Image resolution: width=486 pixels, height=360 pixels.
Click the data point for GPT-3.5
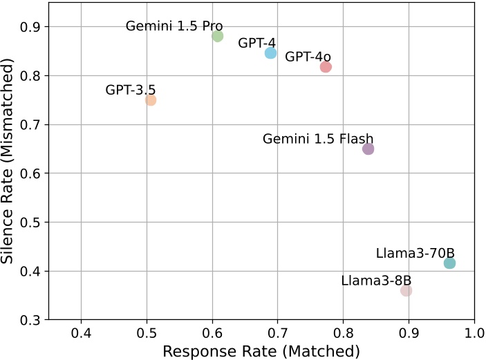coord(151,100)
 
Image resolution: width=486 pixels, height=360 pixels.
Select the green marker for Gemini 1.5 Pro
coord(218,36)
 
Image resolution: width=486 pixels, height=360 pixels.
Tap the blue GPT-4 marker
coord(270,53)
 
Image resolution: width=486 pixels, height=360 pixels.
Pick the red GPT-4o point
coord(326,67)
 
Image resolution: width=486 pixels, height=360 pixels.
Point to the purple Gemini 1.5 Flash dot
coord(368,149)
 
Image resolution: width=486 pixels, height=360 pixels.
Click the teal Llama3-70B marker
coord(449,263)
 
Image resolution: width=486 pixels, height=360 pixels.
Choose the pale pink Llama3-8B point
coord(406,291)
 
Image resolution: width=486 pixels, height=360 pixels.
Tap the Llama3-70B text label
coord(415,253)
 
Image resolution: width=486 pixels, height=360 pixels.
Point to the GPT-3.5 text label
coord(130,90)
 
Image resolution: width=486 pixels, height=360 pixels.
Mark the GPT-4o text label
coord(308,56)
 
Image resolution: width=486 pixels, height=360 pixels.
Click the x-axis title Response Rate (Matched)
coord(261,351)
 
